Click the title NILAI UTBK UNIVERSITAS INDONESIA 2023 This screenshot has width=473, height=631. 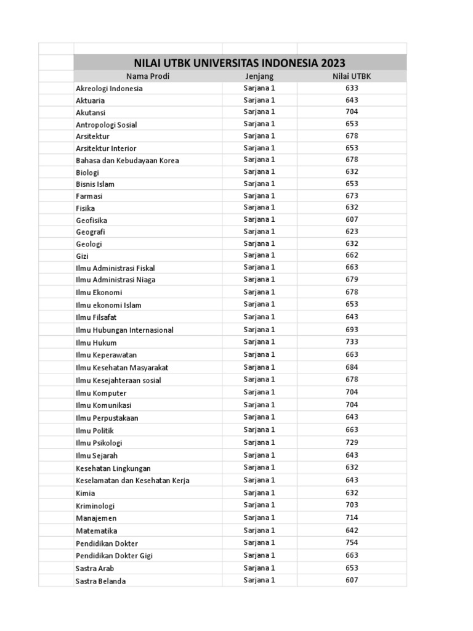click(x=240, y=63)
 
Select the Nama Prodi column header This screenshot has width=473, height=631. click(x=148, y=76)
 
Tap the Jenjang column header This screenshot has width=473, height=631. click(x=259, y=76)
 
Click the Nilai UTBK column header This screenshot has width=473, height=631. click(x=352, y=76)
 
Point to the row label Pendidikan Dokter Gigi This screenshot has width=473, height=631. click(x=114, y=556)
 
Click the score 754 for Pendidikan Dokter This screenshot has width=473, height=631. click(x=352, y=543)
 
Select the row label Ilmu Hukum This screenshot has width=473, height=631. click(x=96, y=343)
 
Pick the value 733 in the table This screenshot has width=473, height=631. click(x=352, y=342)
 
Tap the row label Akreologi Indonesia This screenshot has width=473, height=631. click(x=109, y=88)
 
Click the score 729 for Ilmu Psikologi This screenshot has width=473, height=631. click(x=352, y=442)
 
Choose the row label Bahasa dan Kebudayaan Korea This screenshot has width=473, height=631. click(x=127, y=160)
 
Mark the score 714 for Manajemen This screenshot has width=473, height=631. click(x=352, y=518)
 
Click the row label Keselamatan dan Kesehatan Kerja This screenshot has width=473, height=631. click(x=132, y=481)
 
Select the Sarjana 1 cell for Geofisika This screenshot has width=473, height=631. click(x=259, y=219)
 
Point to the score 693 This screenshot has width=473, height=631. click(x=352, y=330)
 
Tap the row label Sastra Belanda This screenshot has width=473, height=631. click(x=100, y=581)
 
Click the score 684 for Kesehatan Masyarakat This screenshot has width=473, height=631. click(x=352, y=367)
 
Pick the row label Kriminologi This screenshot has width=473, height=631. click(x=95, y=505)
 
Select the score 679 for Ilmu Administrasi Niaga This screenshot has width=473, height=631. click(x=352, y=279)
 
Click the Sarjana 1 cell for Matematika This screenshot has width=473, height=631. click(x=259, y=531)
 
